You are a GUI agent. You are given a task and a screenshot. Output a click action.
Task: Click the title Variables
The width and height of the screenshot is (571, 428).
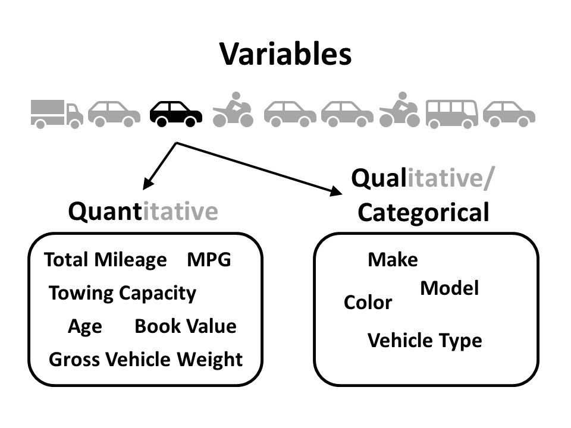(x=285, y=55)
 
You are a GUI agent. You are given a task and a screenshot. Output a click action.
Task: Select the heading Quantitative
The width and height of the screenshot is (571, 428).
(x=143, y=211)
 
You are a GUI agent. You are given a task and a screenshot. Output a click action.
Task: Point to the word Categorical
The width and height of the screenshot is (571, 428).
(x=424, y=212)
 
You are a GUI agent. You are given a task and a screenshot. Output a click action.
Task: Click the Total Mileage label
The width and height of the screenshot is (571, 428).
(x=106, y=260)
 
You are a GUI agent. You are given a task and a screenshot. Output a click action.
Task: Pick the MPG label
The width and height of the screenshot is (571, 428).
(x=208, y=260)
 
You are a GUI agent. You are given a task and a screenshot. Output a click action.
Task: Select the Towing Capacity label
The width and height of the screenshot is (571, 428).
(x=122, y=293)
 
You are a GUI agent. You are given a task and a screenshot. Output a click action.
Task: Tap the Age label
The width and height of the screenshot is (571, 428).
(x=85, y=326)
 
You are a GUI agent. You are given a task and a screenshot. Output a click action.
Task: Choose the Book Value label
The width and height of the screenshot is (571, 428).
(x=185, y=326)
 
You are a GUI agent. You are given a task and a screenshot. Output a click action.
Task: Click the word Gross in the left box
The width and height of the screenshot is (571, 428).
(x=75, y=360)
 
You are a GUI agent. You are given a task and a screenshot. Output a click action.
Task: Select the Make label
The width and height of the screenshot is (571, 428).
(x=393, y=260)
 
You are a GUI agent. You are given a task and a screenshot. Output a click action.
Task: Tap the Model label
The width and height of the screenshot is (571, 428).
(x=450, y=289)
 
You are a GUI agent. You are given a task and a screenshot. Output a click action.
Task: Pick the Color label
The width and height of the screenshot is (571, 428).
(x=368, y=303)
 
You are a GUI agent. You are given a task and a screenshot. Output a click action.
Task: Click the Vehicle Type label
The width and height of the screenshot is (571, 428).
(x=425, y=341)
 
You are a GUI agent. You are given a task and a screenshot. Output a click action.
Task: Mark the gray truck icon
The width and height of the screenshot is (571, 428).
(x=58, y=113)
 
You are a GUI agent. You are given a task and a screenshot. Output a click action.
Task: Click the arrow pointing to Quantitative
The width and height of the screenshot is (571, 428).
(x=159, y=166)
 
